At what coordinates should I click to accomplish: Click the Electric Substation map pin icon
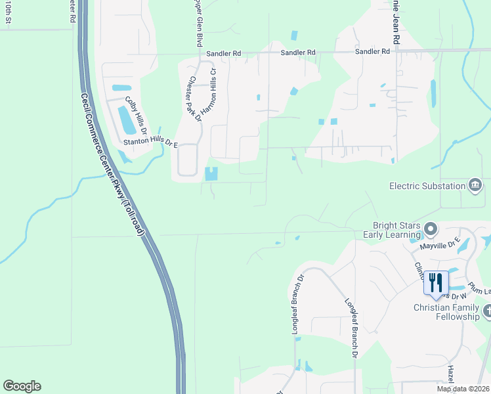click(474, 186)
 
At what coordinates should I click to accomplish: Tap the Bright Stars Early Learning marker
click(431, 229)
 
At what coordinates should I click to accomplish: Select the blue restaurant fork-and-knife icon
click(436, 282)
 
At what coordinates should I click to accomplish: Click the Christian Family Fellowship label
click(450, 312)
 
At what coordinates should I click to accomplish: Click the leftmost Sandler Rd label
click(223, 53)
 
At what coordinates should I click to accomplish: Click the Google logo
click(22, 386)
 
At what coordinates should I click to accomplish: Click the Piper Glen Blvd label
click(196, 23)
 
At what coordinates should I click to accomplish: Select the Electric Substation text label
click(427, 186)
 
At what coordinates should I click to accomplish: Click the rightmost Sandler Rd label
click(372, 51)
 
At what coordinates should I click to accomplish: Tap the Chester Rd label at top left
click(70, 12)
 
